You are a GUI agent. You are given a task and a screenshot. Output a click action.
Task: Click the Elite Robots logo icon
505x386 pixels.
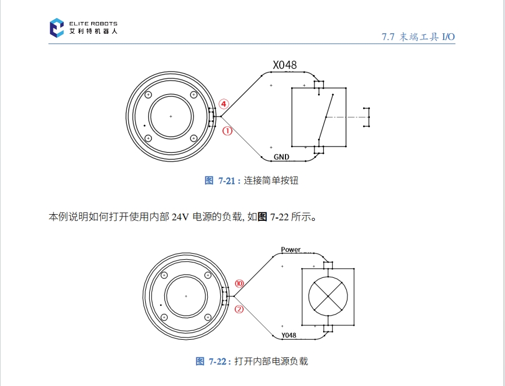(57, 28)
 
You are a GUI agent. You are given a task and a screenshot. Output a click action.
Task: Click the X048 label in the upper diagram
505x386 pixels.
(285, 65)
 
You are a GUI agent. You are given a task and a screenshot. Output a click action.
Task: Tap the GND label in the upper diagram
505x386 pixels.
(281, 156)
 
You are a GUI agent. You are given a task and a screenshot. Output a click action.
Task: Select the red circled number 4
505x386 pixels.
(224, 104)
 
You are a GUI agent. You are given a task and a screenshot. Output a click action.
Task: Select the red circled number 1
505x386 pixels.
(227, 131)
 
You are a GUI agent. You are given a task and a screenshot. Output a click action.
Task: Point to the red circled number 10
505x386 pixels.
(239, 284)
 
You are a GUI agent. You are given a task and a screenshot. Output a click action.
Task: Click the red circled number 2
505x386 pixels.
(239, 309)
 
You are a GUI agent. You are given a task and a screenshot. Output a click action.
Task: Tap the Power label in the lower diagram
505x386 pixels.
(291, 249)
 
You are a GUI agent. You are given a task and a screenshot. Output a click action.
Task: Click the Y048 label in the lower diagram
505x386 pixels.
(288, 335)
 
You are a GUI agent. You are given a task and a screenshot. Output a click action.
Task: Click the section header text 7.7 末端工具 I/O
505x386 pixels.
(418, 37)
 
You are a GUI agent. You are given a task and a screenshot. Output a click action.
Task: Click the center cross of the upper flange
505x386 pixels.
(171, 116)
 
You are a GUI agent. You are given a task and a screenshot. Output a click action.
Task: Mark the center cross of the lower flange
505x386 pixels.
(186, 296)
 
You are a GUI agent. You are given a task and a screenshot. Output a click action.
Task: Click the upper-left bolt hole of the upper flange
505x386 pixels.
(148, 94)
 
